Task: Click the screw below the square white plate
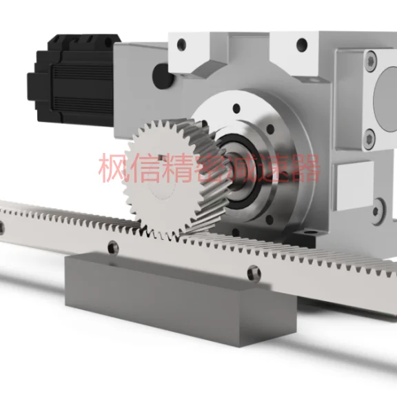pos(378,204)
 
